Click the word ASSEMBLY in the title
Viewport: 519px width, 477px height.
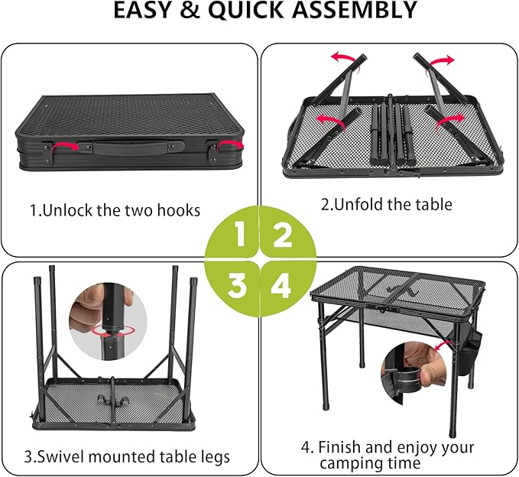pos(354,10)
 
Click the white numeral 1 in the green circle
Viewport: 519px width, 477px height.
pos(240,234)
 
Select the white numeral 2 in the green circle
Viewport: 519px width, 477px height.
pos(282,234)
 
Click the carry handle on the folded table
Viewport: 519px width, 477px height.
pos(131,147)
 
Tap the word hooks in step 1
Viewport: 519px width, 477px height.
pos(179,210)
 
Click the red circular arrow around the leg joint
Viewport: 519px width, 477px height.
pos(114,331)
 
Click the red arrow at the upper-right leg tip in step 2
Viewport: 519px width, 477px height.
pos(441,61)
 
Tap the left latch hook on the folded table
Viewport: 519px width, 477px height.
pos(47,153)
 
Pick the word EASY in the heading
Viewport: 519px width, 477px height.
pos(141,10)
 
